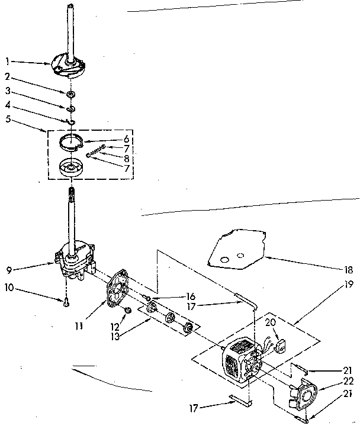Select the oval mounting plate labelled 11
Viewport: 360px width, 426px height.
(120, 289)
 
